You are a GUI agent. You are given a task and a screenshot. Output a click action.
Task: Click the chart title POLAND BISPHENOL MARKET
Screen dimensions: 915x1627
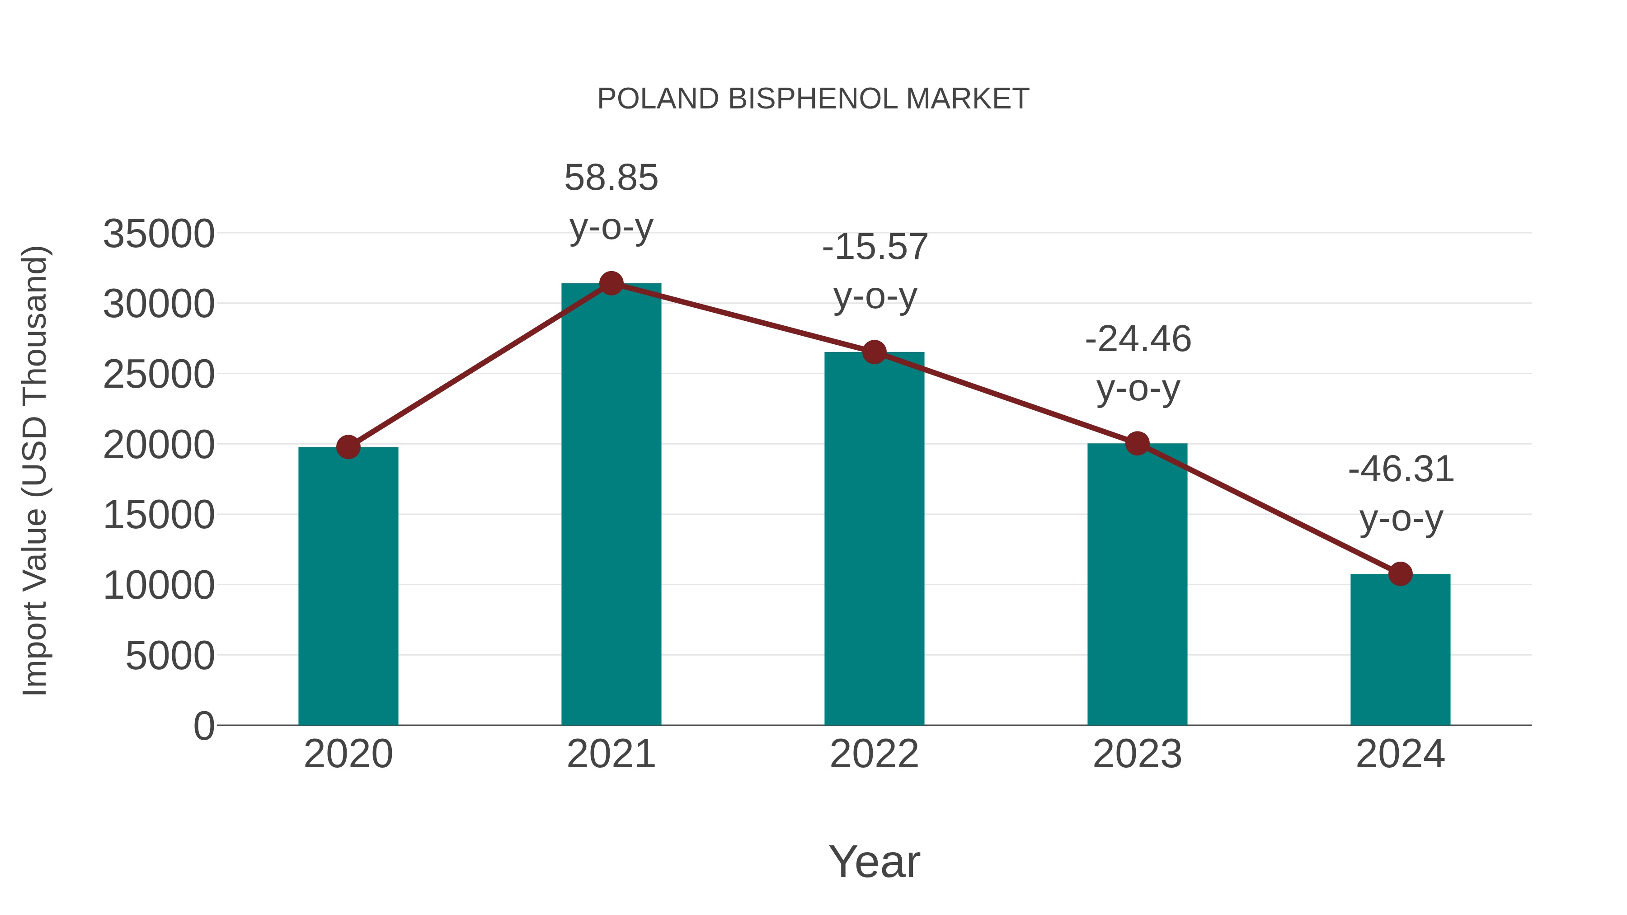click(x=813, y=99)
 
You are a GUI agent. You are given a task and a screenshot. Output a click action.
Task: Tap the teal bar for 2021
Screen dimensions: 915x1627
click(x=611, y=505)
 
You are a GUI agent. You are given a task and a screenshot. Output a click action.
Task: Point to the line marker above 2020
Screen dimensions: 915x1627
click(x=348, y=447)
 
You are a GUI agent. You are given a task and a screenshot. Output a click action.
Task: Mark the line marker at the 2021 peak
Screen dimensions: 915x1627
click(x=611, y=283)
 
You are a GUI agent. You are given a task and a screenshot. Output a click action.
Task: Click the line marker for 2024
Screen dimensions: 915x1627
click(x=1400, y=574)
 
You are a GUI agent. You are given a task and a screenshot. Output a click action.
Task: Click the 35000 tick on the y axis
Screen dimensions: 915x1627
click(x=159, y=234)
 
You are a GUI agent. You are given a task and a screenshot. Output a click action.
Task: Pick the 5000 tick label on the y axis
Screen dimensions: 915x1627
click(x=170, y=656)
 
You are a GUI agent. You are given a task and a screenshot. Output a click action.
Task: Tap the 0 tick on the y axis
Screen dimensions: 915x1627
click(x=204, y=726)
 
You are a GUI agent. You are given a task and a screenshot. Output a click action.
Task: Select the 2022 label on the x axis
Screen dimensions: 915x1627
click(x=874, y=754)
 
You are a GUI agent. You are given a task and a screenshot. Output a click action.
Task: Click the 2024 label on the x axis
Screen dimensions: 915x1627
click(x=1400, y=754)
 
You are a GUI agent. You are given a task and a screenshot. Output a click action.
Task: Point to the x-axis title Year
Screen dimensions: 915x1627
click(x=874, y=861)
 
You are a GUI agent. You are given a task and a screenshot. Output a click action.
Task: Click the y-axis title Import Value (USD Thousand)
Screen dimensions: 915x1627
click(x=35, y=470)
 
